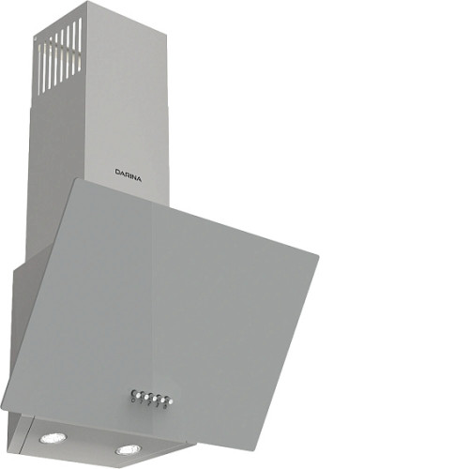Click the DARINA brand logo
(129, 175)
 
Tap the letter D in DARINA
(117, 172)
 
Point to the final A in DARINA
(139, 179)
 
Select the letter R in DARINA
(127, 174)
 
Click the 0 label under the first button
(133, 400)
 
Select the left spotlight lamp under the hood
(53, 437)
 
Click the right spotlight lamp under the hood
(129, 449)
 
